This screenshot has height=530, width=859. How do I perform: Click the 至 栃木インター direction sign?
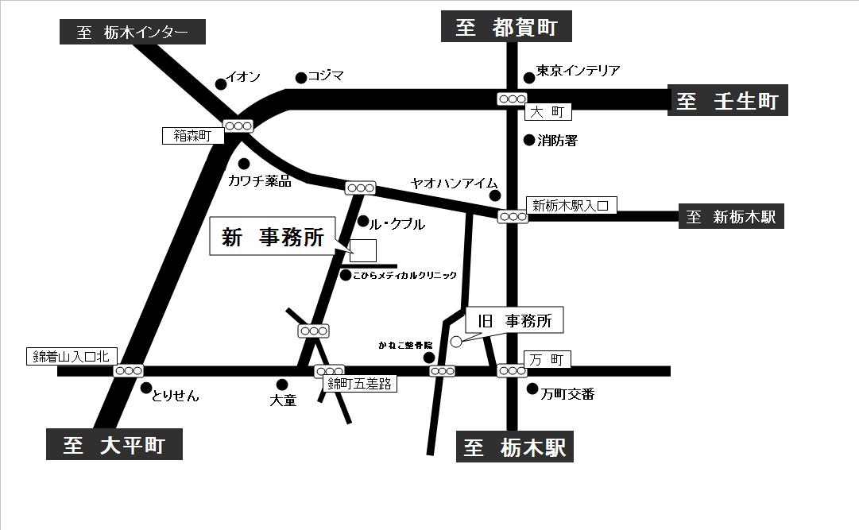[x=133, y=33]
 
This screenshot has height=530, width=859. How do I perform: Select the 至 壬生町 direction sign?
[x=727, y=101]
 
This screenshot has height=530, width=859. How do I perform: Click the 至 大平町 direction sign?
[x=114, y=445]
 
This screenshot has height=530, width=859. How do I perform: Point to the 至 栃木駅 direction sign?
[x=514, y=447]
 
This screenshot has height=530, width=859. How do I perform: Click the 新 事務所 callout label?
[x=273, y=238]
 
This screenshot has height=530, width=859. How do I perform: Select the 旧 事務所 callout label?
[x=514, y=321]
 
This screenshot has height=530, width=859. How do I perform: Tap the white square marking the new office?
[x=363, y=250]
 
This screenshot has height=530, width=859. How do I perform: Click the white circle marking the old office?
[x=456, y=342]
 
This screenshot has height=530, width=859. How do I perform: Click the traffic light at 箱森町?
[x=238, y=126]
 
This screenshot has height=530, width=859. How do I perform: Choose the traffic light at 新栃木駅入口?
[x=513, y=216]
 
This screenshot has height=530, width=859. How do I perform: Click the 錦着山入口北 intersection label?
[x=72, y=356]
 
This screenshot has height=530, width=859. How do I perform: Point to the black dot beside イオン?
[x=221, y=83]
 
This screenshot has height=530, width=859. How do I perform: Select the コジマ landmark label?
[x=326, y=76]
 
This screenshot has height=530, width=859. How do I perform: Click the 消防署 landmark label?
[x=557, y=141]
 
